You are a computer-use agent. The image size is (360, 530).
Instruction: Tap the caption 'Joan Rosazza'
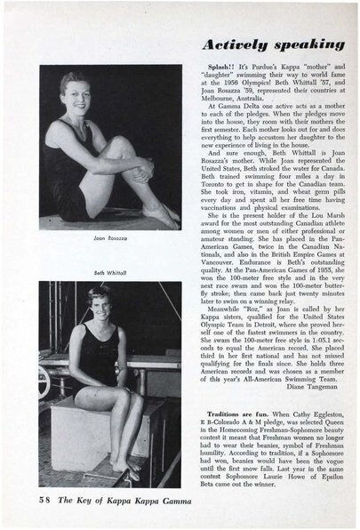(83, 238)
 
